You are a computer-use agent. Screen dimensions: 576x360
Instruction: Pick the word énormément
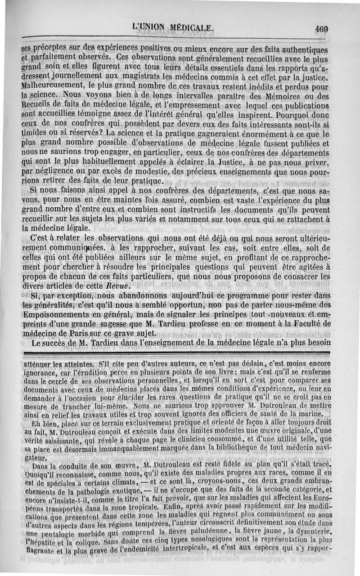click(x=258, y=134)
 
